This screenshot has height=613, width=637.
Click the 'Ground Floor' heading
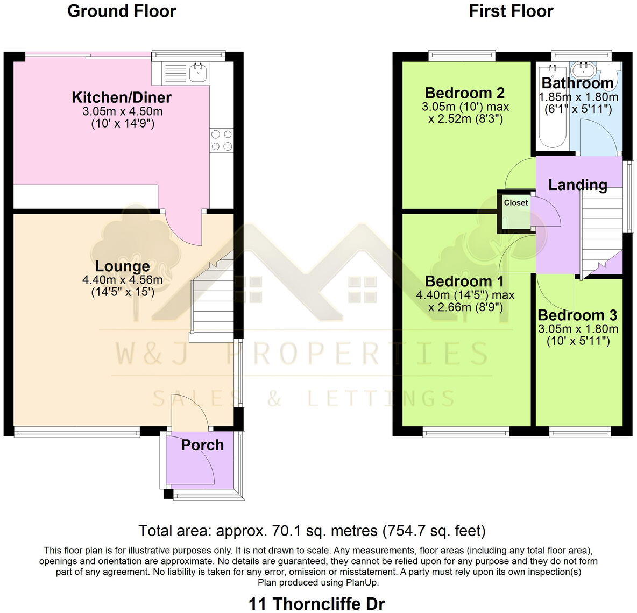coord(122,11)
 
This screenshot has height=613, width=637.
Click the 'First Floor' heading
coord(511,11)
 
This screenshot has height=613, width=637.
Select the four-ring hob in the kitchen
coord(221,139)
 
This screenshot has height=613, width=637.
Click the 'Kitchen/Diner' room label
coord(122,97)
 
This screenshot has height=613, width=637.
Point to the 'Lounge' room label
coord(122,266)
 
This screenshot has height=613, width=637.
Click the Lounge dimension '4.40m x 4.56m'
coord(122,280)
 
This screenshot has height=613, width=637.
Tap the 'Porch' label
coord(202,445)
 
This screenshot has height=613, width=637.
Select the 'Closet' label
coord(516,203)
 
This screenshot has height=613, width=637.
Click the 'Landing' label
coord(577,185)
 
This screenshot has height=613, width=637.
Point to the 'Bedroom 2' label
coord(465,93)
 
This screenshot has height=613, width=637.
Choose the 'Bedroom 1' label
coord(465,281)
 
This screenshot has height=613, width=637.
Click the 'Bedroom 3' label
coord(577,315)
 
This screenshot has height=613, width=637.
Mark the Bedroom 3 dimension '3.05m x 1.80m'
coord(578,329)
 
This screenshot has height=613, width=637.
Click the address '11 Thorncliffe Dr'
coord(317,603)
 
